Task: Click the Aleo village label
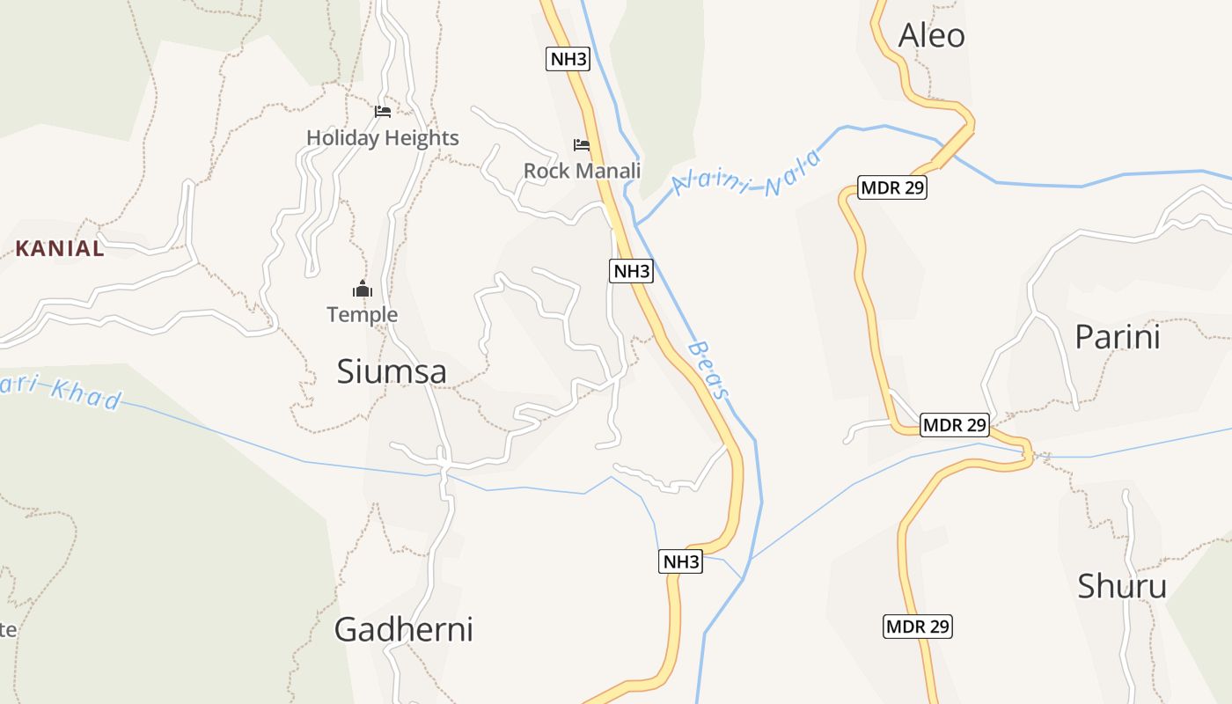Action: (931, 35)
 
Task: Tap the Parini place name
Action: (1118, 337)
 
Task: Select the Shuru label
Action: (1122, 586)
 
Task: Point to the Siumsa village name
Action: (392, 372)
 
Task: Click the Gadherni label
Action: (404, 629)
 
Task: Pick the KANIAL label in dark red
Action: (60, 249)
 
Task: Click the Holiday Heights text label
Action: (383, 138)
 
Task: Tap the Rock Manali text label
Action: (582, 171)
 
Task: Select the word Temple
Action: (362, 314)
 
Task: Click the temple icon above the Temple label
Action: (362, 289)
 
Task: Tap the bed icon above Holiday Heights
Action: (382, 112)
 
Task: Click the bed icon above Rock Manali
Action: (582, 144)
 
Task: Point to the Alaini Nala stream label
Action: (746, 175)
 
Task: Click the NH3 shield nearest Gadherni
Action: (680, 561)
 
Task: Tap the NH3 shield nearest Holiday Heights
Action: (567, 59)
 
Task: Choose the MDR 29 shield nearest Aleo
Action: (892, 187)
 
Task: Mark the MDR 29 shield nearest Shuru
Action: (918, 627)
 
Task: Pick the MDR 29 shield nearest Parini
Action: (955, 425)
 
